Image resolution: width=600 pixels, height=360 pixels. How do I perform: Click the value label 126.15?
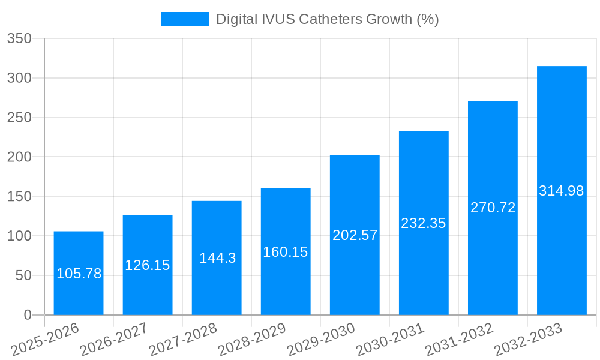pos(148,265)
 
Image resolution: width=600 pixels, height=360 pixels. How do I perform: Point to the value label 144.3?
pos(217,259)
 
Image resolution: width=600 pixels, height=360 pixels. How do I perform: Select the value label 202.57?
pos(355,235)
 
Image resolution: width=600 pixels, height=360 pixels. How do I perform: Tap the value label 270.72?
pos(493,208)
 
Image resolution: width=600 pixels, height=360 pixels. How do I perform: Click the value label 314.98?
pos(562,191)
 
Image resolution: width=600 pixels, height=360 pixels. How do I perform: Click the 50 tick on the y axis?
pos(23,275)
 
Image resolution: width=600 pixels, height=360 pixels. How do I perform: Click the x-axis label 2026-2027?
pos(115,340)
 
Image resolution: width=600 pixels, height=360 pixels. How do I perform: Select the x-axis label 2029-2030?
pos(322,340)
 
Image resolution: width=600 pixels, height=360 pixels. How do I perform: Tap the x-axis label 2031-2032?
pos(460,340)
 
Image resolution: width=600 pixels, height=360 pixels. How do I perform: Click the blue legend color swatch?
pos(184,19)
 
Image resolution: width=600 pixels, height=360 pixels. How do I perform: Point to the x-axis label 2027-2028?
pos(184,340)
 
